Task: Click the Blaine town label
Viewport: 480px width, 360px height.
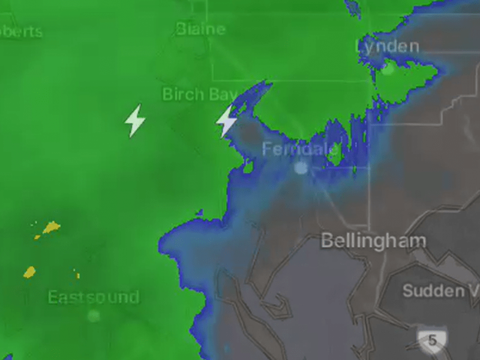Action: click(x=201, y=29)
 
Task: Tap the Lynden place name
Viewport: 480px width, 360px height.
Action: click(x=387, y=46)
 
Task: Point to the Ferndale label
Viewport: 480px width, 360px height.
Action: click(x=298, y=149)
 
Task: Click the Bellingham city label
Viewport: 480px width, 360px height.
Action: click(x=373, y=241)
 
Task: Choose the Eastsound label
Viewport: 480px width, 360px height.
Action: click(x=93, y=297)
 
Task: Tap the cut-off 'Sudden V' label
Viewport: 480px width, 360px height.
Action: click(x=440, y=291)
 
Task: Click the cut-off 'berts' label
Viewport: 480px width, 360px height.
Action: click(x=22, y=31)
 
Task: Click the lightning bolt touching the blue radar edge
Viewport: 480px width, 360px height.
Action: click(x=226, y=121)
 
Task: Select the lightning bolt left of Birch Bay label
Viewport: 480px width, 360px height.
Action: click(x=134, y=120)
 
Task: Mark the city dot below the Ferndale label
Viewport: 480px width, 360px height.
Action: click(x=301, y=168)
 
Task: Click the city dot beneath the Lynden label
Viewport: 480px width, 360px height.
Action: click(x=388, y=69)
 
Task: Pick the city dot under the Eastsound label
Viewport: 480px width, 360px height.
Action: click(x=93, y=316)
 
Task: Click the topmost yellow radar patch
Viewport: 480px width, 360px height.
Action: click(x=51, y=227)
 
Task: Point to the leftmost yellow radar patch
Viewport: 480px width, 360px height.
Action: click(x=29, y=272)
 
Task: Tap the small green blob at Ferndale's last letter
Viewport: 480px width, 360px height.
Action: click(x=335, y=154)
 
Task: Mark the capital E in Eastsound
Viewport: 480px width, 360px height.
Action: click(x=53, y=297)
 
